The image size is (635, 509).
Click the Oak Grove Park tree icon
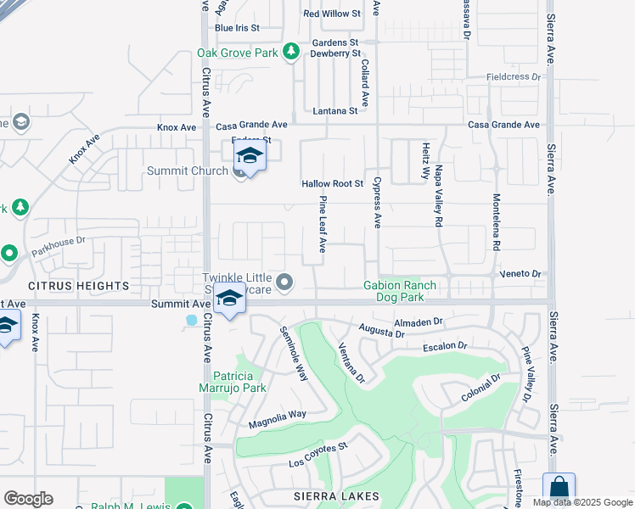pyautogui.click(x=291, y=52)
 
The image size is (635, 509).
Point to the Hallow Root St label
pyautogui.click(x=332, y=184)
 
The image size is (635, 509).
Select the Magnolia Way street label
pyautogui.click(x=277, y=418)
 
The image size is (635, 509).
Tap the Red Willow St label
pyautogui.click(x=332, y=14)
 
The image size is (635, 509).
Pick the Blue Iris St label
pyautogui.click(x=237, y=28)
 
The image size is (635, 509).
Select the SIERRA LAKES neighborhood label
pyautogui.click(x=334, y=495)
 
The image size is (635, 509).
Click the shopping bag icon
pyautogui.click(x=559, y=489)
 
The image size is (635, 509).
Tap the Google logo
pyautogui.click(x=29, y=499)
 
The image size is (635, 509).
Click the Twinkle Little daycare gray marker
pyautogui.click(x=285, y=281)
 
